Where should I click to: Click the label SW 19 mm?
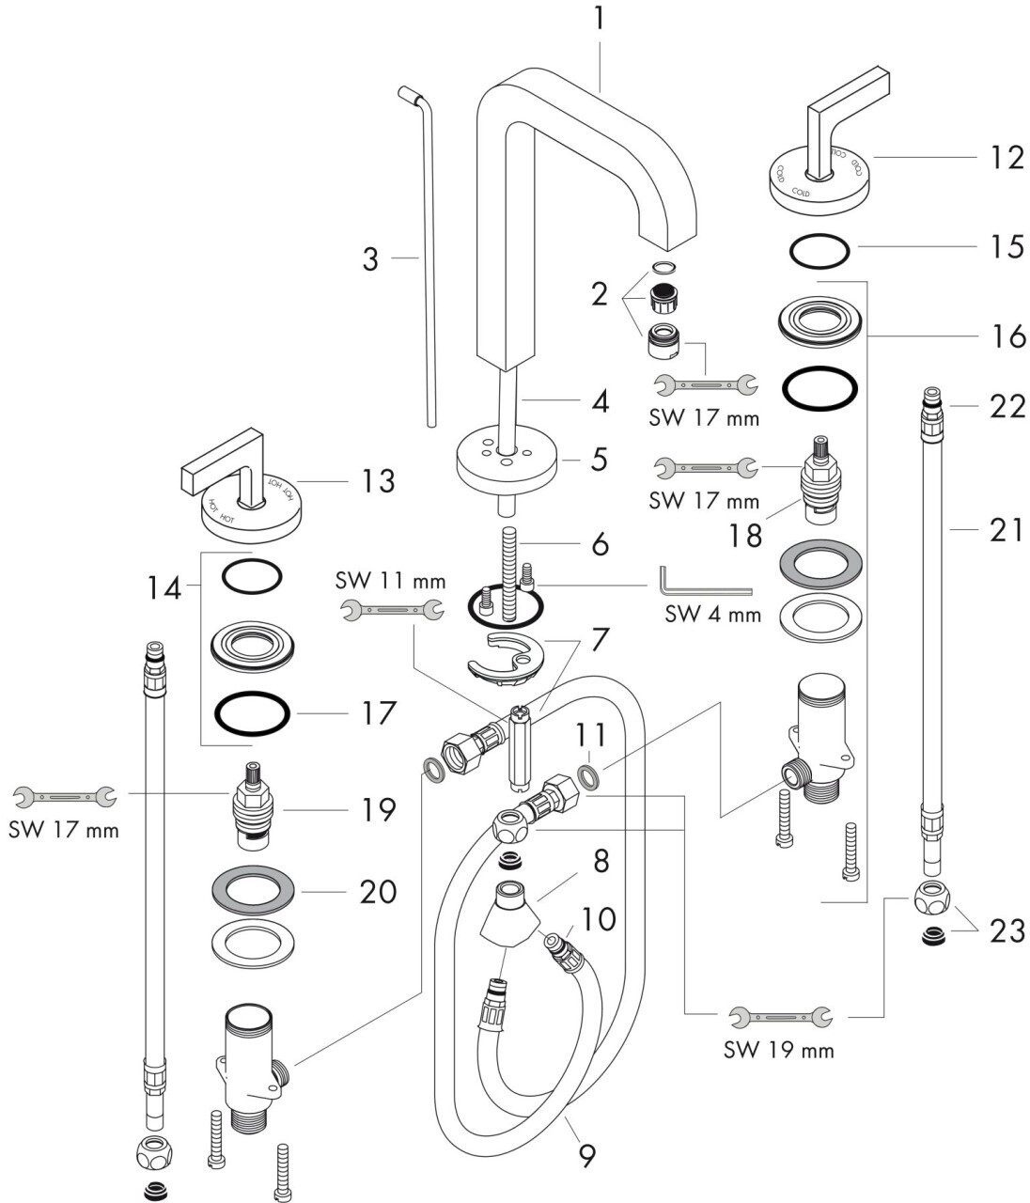click(x=779, y=1048)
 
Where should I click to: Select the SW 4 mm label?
click(x=713, y=616)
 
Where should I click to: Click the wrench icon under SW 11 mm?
click(x=390, y=609)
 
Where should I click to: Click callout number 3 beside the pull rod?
click(x=370, y=259)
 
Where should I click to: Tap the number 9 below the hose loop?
click(x=586, y=1154)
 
